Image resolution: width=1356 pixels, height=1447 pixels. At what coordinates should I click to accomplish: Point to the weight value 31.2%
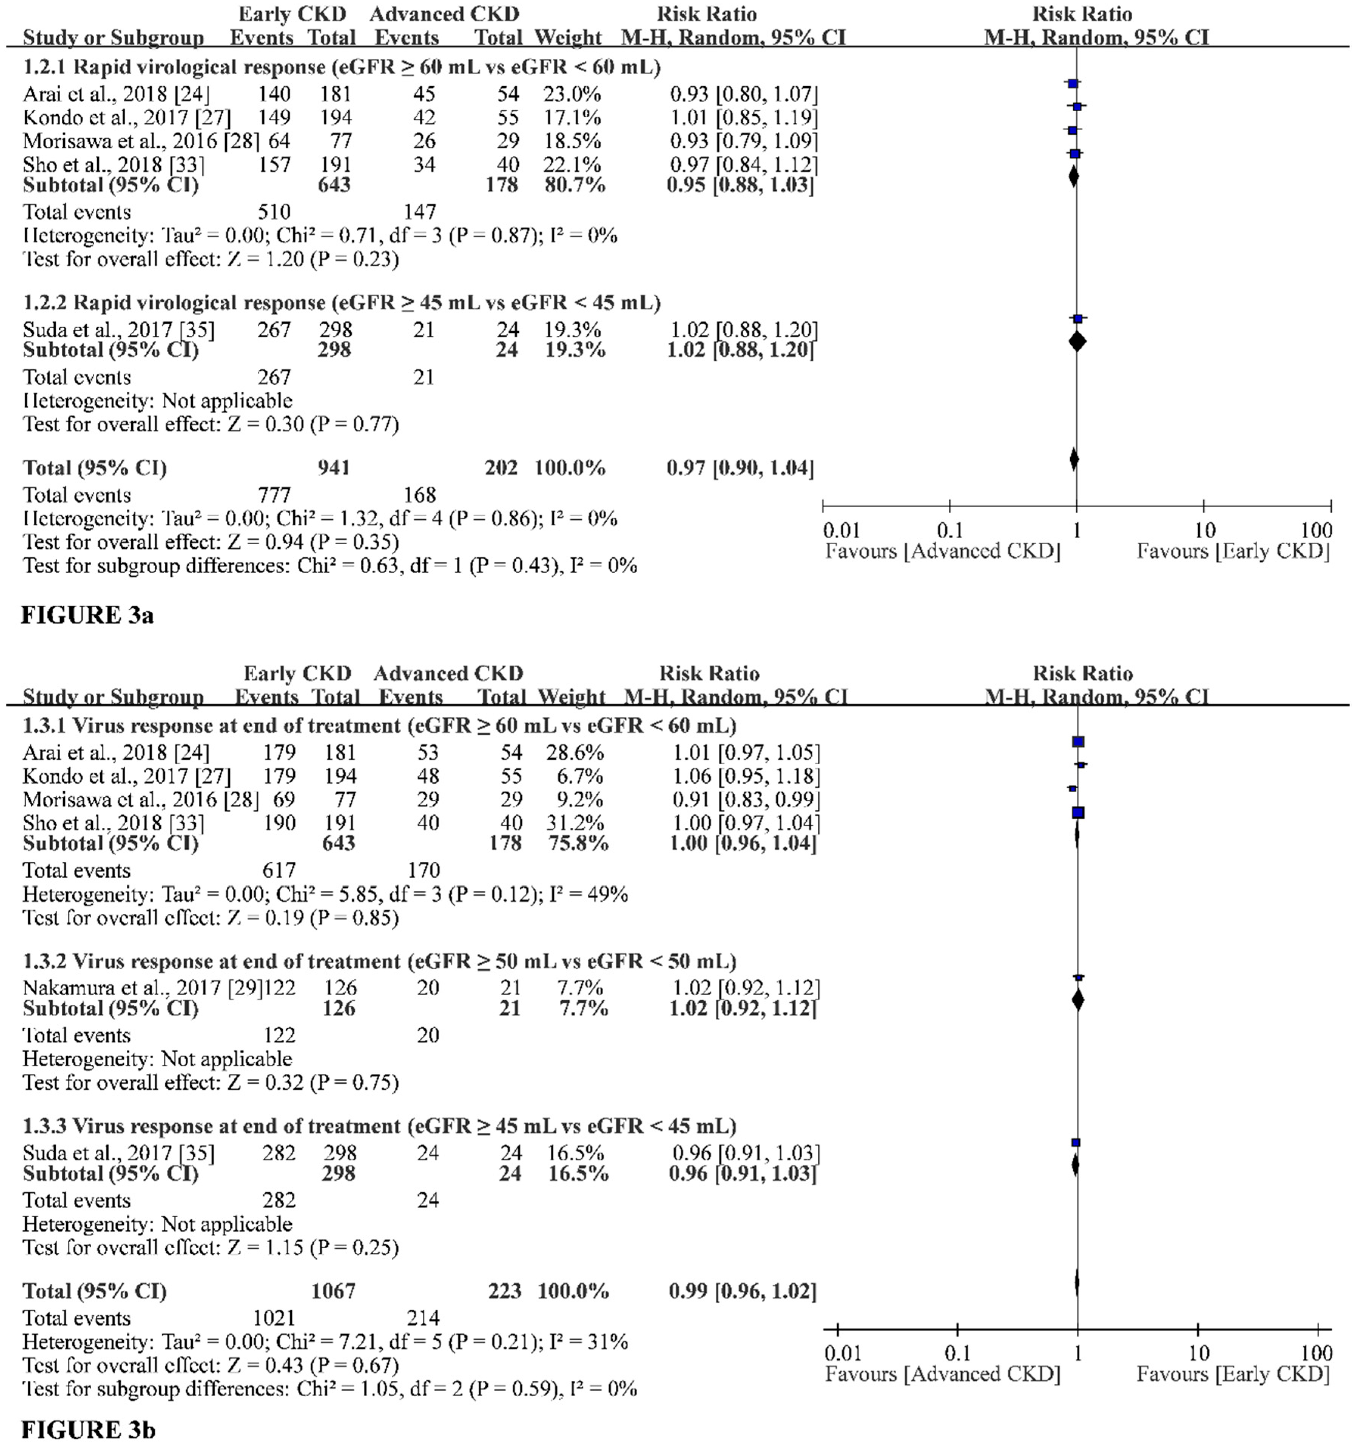[x=575, y=823]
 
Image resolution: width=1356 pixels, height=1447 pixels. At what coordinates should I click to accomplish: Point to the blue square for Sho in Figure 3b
[x=1078, y=812]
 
